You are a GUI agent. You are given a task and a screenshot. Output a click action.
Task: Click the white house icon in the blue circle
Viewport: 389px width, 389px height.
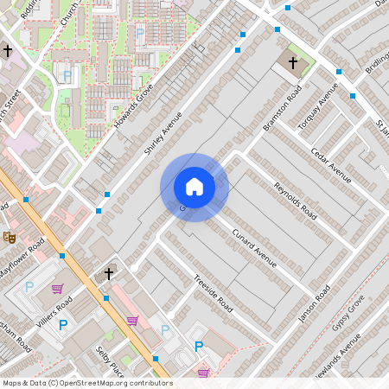click(x=194, y=187)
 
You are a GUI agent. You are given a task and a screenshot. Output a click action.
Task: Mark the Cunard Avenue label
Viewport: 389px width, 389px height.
click(x=254, y=245)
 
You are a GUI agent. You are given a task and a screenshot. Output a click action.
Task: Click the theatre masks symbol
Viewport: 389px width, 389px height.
click(x=10, y=236)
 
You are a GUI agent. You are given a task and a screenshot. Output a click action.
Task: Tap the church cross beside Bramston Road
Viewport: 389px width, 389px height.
click(x=292, y=63)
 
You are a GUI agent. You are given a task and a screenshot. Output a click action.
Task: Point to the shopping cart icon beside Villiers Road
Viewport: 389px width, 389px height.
click(x=58, y=289)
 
